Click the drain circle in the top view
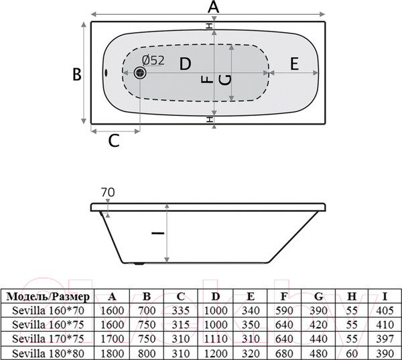pyautogui.click(x=141, y=74)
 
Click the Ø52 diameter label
pyautogui.click(x=153, y=60)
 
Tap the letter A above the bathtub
pyautogui.click(x=213, y=7)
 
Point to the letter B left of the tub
pyautogui.click(x=77, y=74)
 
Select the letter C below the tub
pyautogui.click(x=114, y=140)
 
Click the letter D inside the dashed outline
pyautogui.click(x=185, y=64)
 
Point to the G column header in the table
pyautogui.click(x=318, y=296)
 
